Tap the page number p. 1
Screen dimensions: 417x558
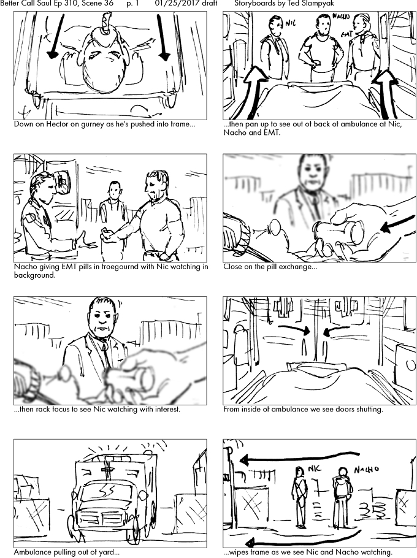click(132, 4)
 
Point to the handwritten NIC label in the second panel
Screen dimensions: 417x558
click(291, 23)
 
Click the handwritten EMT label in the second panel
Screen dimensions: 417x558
click(346, 34)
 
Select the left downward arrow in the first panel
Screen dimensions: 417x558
click(56, 36)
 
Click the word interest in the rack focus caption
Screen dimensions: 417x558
click(167, 409)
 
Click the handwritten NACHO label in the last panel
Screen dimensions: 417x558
click(366, 470)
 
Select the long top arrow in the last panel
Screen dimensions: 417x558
click(299, 457)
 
